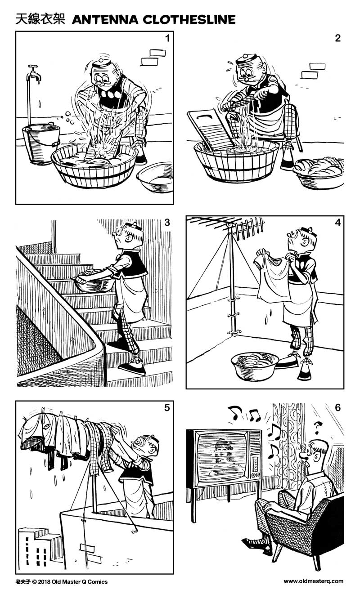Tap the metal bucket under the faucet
coord(40,143)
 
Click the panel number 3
coord(167,222)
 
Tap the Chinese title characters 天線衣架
coord(40,19)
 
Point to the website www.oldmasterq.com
coord(313,581)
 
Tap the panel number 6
coord(337,407)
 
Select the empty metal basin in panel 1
coord(155,178)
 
